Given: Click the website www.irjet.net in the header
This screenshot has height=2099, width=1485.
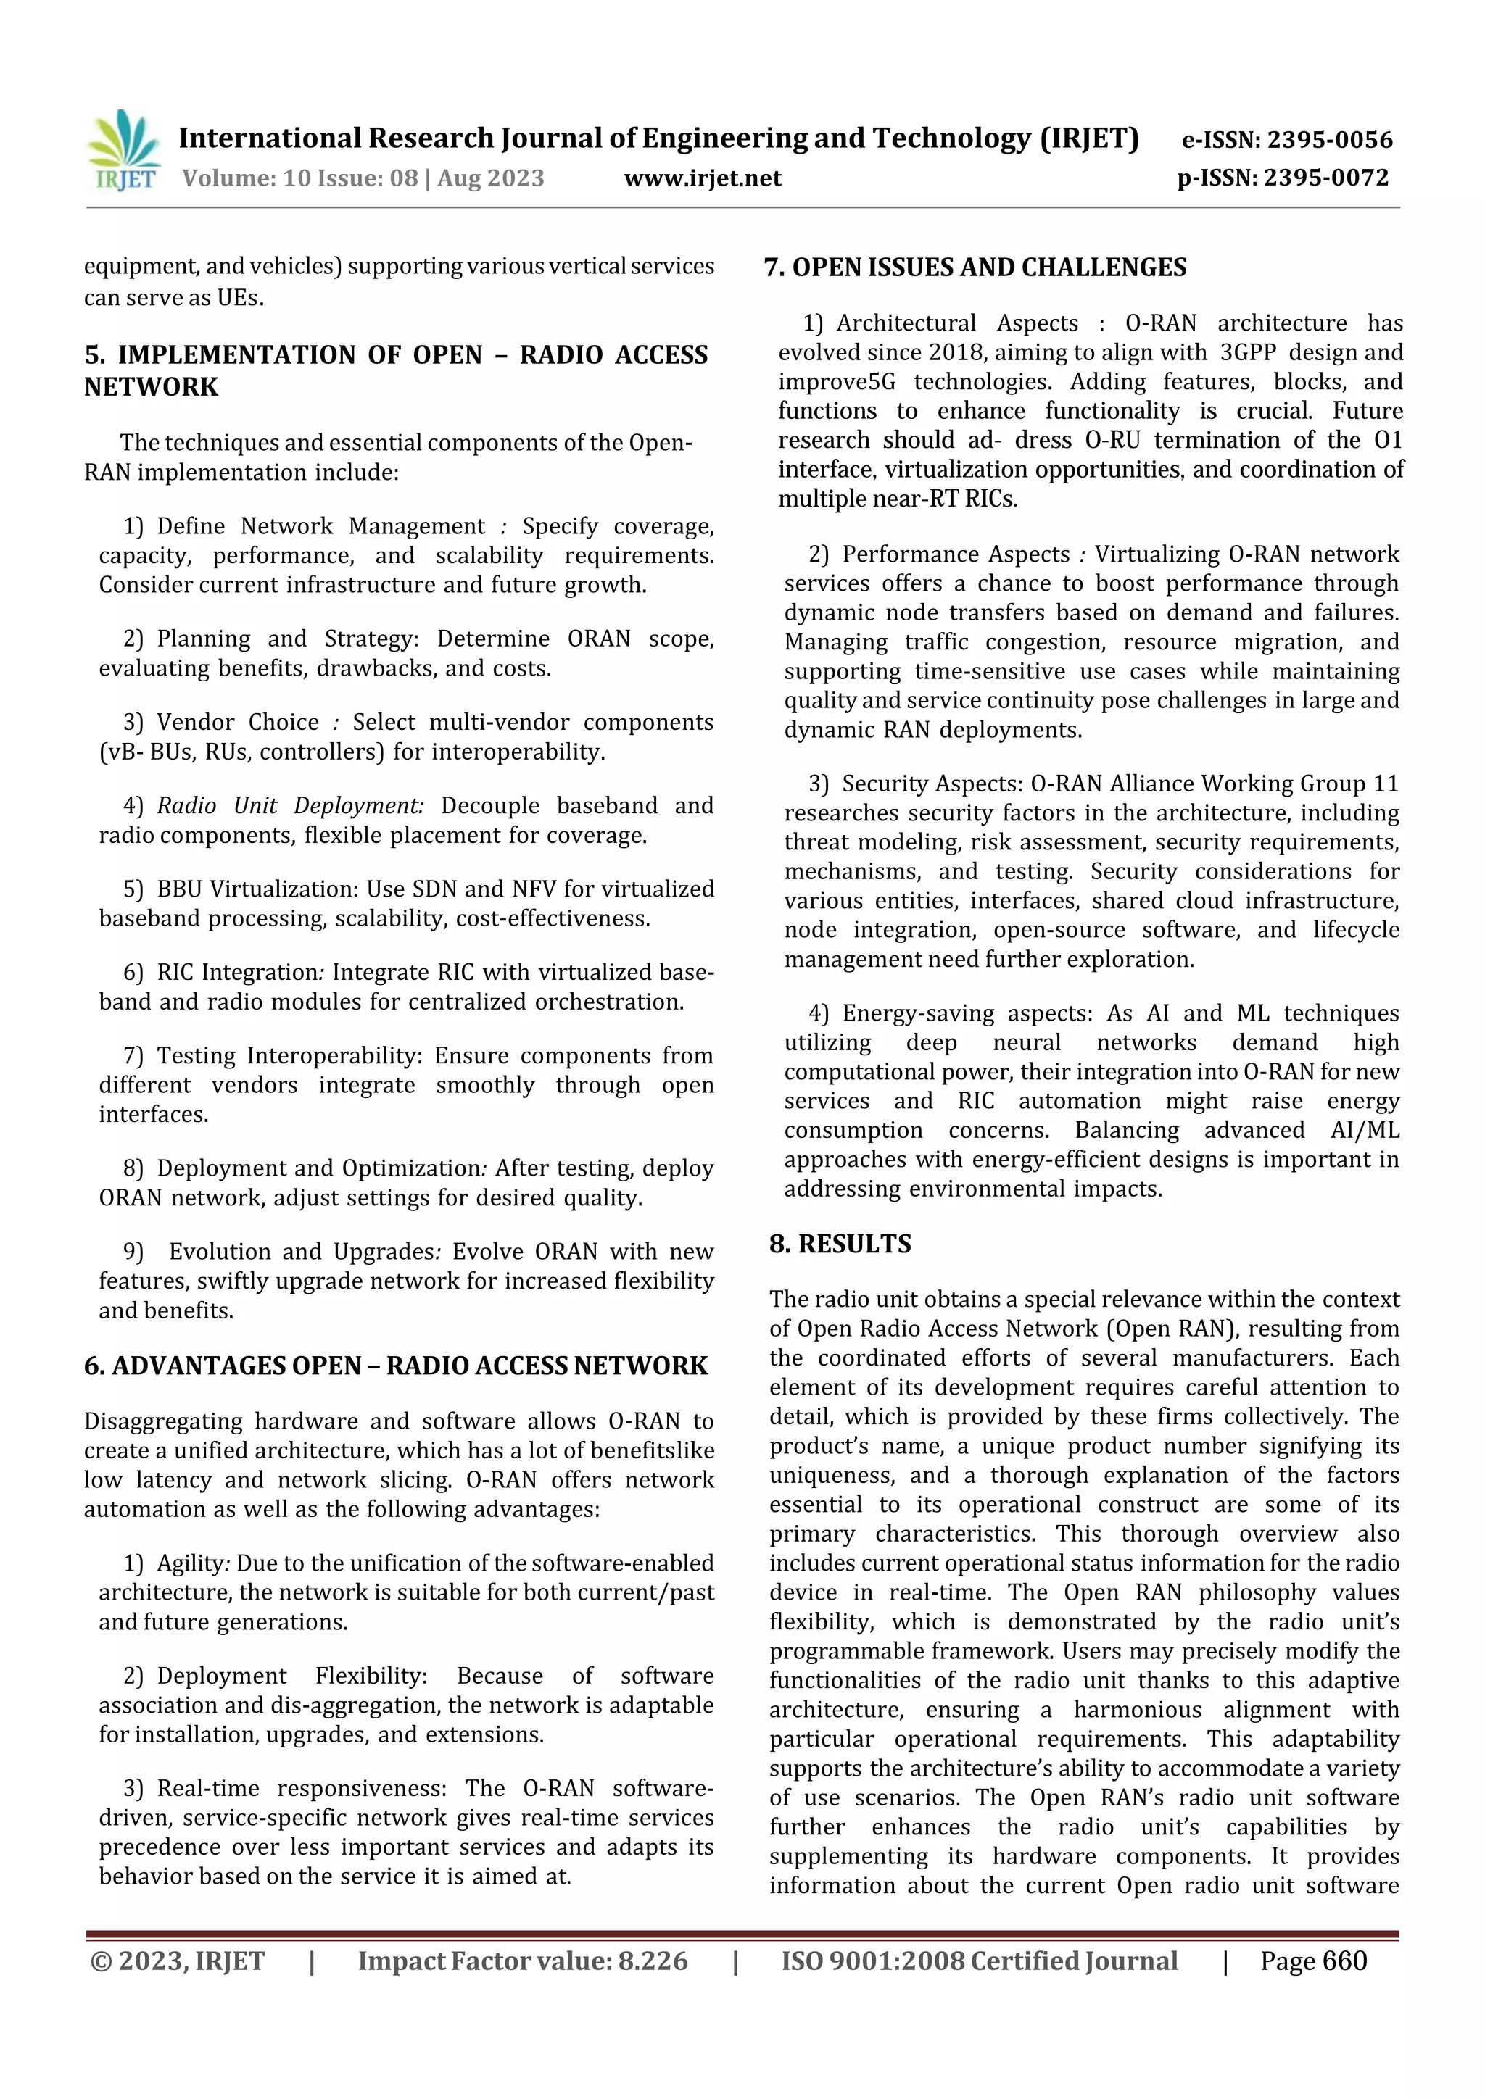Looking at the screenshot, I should pos(703,178).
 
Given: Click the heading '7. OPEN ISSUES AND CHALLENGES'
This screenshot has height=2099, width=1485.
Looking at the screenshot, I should pos(975,268).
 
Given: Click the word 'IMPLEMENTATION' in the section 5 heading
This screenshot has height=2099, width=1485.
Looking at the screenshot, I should pos(236,354).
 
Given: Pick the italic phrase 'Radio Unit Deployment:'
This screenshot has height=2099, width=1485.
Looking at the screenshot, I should pos(290,805).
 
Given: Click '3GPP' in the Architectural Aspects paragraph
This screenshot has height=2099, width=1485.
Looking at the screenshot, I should pos(1247,352).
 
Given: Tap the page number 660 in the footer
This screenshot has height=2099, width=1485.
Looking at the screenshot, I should pos(1344,1961).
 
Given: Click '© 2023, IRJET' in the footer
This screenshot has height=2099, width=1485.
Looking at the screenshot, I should pos(178,1961).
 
